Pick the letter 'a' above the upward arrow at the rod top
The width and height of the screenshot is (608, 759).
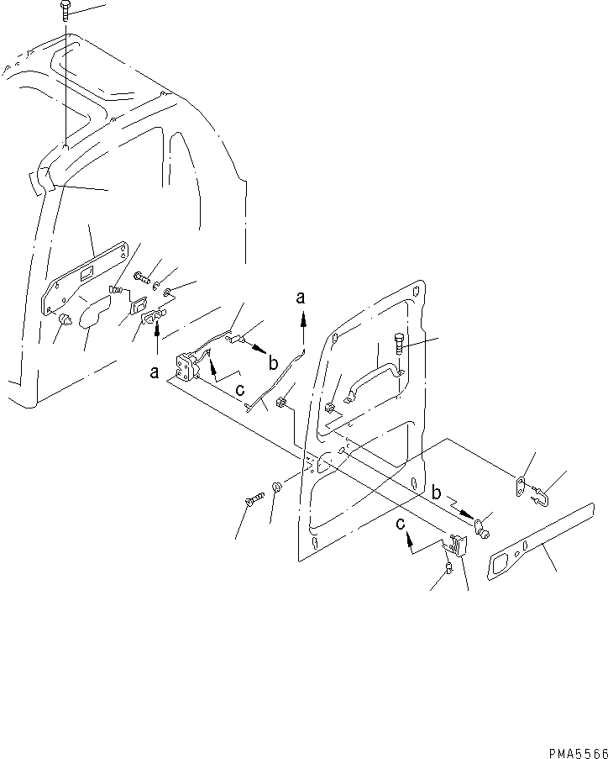[x=301, y=297]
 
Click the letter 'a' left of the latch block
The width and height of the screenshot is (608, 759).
[x=155, y=372]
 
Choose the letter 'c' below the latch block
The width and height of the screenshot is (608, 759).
[x=240, y=388]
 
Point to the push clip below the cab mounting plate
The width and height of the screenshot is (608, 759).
[x=65, y=319]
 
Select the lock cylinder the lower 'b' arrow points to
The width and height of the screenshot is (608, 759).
[x=480, y=528]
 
